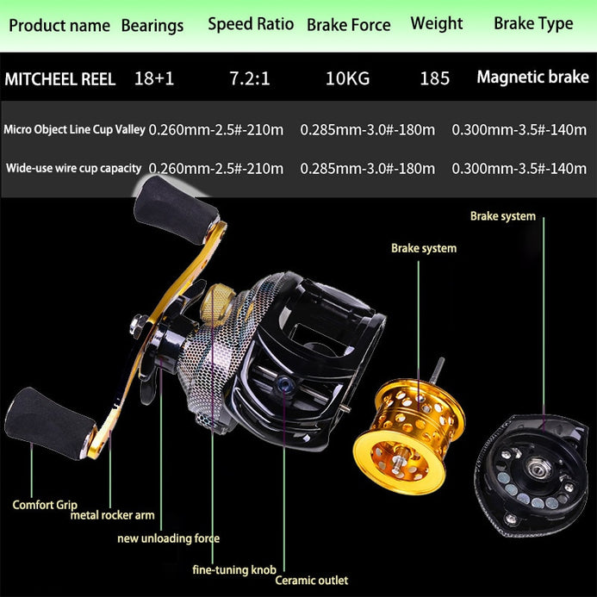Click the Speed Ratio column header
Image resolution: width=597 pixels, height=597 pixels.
251,24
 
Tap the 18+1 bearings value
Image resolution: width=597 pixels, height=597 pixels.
154,78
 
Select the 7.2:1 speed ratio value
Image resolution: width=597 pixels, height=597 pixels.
249,78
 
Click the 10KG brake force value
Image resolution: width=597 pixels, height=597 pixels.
348,78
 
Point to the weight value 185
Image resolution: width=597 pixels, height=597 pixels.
434,78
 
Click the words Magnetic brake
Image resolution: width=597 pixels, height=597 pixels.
532,78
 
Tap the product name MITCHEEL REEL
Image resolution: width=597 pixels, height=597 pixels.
60,79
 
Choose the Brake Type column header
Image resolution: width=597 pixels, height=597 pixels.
533,24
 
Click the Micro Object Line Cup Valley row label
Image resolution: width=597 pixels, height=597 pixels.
75,129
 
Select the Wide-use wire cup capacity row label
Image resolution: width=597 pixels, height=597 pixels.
74,168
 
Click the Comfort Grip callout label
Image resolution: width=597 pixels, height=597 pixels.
45,505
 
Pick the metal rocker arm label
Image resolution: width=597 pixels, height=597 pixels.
113,515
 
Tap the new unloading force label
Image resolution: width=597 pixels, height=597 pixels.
168,538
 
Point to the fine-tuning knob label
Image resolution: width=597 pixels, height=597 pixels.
234,569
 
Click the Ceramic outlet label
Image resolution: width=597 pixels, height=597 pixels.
312,581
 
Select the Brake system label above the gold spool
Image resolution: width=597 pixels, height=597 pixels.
424,248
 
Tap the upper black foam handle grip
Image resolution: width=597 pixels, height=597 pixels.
176,210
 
